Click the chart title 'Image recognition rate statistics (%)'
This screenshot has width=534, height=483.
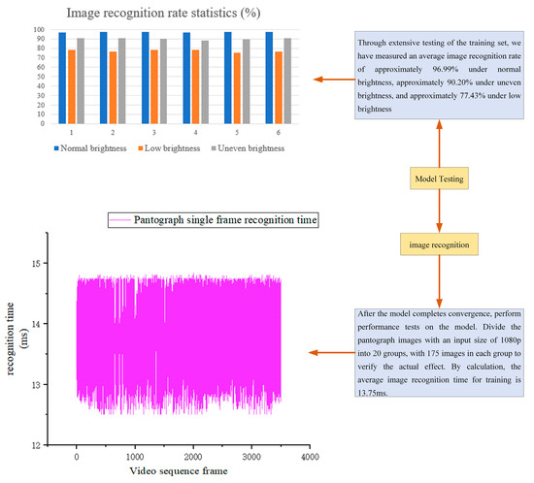point(163,13)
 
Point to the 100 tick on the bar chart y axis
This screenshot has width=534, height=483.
point(39,30)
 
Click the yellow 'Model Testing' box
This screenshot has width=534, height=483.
point(440,179)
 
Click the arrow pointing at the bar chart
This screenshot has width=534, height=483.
point(327,80)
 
